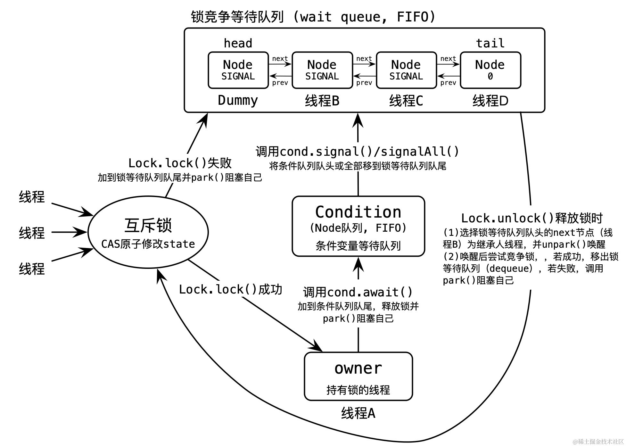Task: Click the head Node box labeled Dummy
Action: [x=238, y=70]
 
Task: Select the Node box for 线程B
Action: [x=322, y=70]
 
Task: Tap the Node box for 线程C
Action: [x=406, y=70]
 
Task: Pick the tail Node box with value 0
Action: [x=490, y=70]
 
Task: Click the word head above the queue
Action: [x=238, y=43]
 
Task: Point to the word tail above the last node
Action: [x=490, y=43]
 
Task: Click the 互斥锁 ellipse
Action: [x=148, y=232]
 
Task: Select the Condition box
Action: [x=358, y=226]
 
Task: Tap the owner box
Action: [x=358, y=376]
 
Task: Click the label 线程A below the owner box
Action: [x=358, y=413]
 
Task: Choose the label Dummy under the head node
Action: [x=238, y=100]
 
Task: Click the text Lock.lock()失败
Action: [x=180, y=163]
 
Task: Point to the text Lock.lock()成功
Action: [x=230, y=289]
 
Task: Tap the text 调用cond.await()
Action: [x=358, y=292]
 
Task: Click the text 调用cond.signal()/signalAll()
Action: [x=357, y=152]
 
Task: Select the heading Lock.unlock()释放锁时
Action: [x=532, y=218]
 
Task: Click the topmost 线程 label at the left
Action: [x=32, y=197]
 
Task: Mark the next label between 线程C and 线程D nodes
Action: [x=448, y=59]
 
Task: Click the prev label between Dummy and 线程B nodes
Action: [x=280, y=83]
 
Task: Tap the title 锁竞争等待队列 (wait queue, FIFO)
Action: [x=313, y=17]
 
